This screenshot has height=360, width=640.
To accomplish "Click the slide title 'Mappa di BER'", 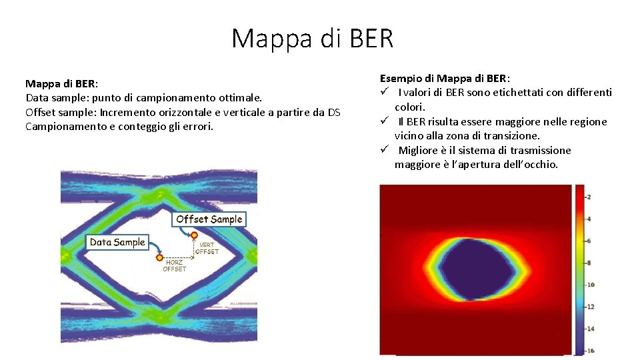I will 313,39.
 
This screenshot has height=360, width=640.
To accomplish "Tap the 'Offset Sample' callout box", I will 209,219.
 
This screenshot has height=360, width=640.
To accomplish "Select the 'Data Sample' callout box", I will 117,242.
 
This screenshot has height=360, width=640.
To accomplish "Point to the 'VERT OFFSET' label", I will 207,248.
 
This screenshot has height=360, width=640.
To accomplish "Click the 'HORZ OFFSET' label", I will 175,266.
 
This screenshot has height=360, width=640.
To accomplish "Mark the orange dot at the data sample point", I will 159,257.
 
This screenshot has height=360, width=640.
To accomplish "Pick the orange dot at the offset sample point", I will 193,235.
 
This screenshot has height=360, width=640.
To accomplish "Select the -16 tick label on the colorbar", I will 590,351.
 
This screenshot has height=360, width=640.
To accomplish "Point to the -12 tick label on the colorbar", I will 590,307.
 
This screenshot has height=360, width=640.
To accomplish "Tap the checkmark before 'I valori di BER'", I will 385,93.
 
